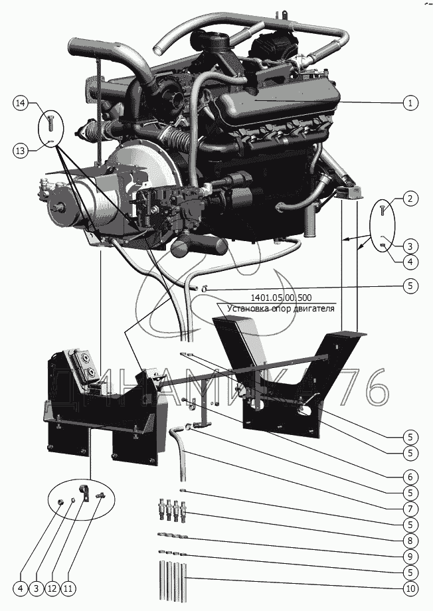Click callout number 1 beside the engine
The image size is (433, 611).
click(x=410, y=103)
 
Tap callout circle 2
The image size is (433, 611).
click(x=410, y=199)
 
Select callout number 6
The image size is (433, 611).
click(x=410, y=476)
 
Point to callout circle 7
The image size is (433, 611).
click(x=410, y=509)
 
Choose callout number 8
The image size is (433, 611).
click(x=410, y=540)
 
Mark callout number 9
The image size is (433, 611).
click(x=410, y=556)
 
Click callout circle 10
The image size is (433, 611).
click(x=410, y=588)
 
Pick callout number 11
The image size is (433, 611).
click(x=70, y=588)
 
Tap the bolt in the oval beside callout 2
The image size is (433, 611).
click(x=383, y=211)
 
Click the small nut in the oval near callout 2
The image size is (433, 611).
click(x=384, y=247)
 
